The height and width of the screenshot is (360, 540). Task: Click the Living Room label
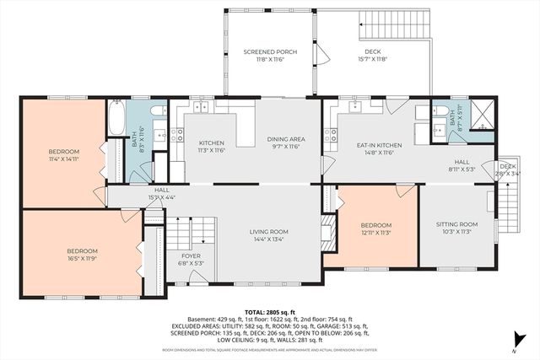268,235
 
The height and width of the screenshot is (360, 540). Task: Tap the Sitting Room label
456,228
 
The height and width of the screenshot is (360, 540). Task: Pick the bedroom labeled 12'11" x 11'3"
375,228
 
